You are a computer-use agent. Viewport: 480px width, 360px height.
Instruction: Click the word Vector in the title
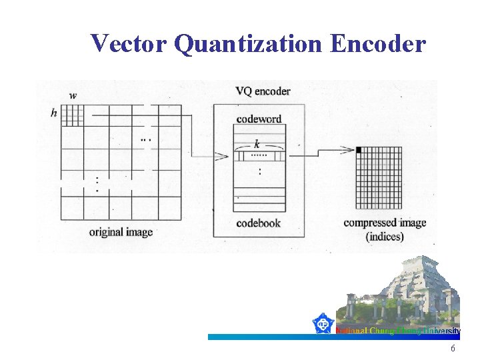point(127,44)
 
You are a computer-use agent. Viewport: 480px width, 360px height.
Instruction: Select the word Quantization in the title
point(247,44)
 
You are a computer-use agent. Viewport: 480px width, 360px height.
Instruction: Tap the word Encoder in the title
point(377,44)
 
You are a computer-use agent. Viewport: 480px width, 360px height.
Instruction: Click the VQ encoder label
point(263,91)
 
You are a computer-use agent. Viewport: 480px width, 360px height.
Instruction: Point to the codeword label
point(259,119)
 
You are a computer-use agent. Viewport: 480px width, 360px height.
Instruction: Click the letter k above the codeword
point(257,144)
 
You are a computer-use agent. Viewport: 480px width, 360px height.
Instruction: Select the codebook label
point(258,223)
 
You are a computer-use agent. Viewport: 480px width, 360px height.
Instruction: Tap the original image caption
point(121,232)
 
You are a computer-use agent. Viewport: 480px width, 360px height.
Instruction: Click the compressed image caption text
point(384,223)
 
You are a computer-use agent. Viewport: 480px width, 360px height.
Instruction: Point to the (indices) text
point(385,236)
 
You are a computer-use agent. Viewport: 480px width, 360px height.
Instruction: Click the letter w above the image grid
point(73,95)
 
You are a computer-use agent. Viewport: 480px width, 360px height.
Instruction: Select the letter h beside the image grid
point(54,113)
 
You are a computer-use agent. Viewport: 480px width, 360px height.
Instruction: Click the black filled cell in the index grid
point(359,150)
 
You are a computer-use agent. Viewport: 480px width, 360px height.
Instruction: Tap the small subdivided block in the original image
point(72,115)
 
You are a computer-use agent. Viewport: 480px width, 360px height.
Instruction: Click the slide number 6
point(453,349)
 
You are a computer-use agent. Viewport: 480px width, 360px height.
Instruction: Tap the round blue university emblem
point(324,324)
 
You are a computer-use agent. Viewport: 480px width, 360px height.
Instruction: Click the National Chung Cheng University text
point(397,331)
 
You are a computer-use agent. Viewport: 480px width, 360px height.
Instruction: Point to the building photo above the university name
point(404,293)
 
